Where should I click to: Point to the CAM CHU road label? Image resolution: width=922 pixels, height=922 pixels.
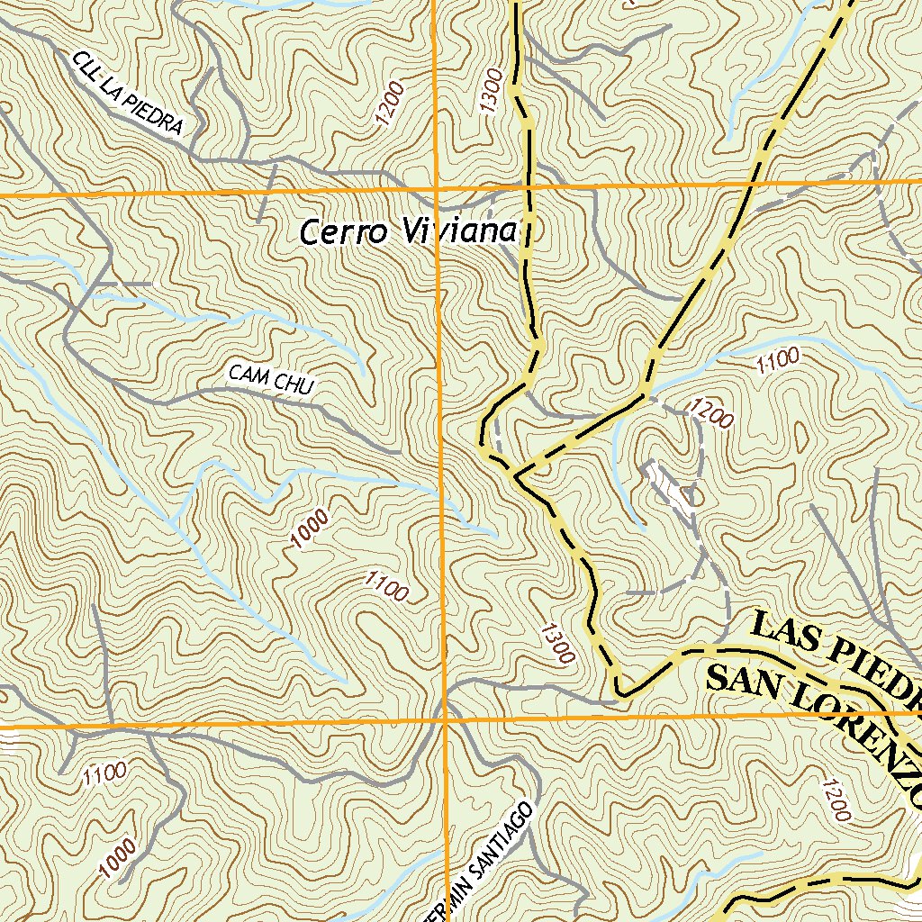click(x=270, y=379)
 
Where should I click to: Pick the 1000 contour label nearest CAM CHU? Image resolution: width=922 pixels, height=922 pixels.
click(x=310, y=529)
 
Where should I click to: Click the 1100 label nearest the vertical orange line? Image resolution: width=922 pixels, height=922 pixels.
click(x=387, y=587)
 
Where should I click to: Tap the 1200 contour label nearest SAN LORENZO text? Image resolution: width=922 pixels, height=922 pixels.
click(x=836, y=800)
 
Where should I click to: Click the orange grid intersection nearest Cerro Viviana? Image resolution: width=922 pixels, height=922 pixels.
click(x=436, y=192)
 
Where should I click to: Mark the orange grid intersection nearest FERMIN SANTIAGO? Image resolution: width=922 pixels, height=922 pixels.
click(x=445, y=721)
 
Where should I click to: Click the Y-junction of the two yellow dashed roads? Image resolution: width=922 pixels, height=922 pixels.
click(x=516, y=472)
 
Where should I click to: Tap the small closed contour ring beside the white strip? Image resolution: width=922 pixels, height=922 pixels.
click(x=692, y=495)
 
